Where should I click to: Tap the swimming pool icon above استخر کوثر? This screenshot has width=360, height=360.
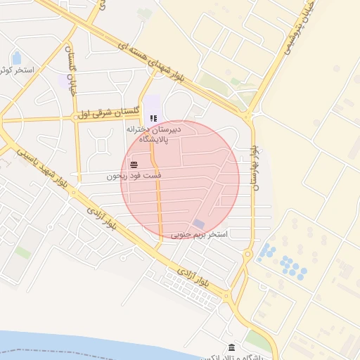coord(17,57)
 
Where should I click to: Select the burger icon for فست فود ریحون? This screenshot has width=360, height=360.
coord(134,165)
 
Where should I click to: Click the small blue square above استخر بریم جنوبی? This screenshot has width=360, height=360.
coord(199,224)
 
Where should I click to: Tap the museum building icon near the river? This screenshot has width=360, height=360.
coord(232,347)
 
